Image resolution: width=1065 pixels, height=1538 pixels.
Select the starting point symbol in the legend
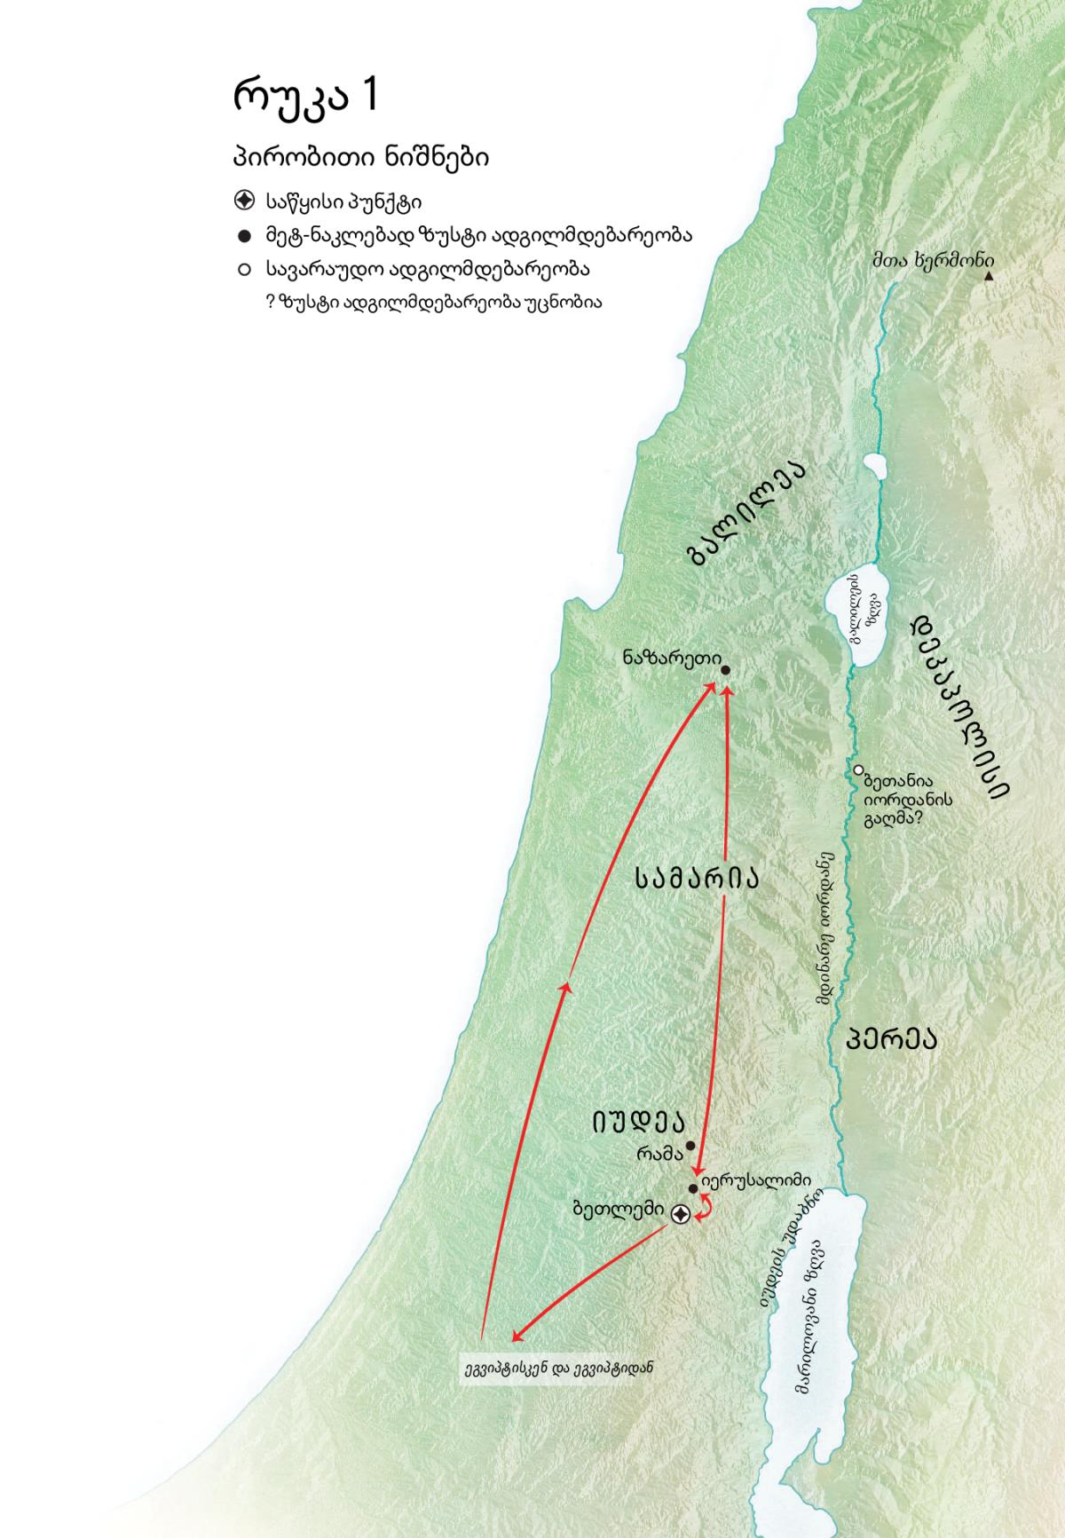coord(244,201)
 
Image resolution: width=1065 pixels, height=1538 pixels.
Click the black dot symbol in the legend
coord(244,235)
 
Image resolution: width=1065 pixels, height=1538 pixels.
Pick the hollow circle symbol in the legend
coord(244,268)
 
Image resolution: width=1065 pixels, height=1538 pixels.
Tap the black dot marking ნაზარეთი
coord(725,670)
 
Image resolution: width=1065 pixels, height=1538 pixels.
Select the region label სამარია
coord(698,878)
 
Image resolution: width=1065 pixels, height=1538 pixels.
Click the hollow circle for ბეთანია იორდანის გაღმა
coord(858,769)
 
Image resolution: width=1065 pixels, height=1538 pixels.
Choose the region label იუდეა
coord(639,1122)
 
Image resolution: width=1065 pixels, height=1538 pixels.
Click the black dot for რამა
coord(690,1145)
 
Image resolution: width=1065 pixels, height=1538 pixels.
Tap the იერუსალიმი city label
coord(755,1180)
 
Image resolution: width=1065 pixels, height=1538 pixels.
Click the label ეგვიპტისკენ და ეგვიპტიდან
coord(558,1368)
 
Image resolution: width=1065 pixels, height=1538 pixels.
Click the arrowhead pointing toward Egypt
coord(516,1337)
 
